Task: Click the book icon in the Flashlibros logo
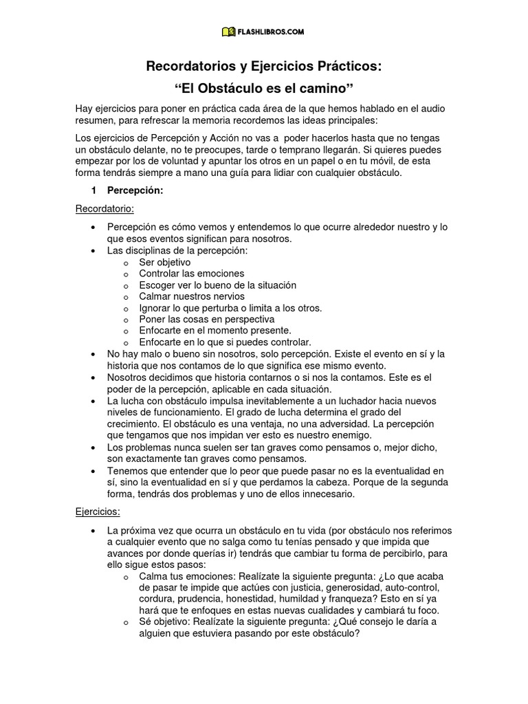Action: point(228,32)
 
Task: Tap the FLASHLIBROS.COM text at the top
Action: point(271,32)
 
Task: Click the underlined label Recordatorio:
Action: point(104,208)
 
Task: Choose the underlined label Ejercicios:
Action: point(98,511)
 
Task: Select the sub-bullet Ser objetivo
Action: point(165,263)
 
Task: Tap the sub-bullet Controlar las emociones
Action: point(191,274)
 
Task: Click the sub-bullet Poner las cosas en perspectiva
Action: point(206,319)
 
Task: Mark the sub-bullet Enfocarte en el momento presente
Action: point(214,331)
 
